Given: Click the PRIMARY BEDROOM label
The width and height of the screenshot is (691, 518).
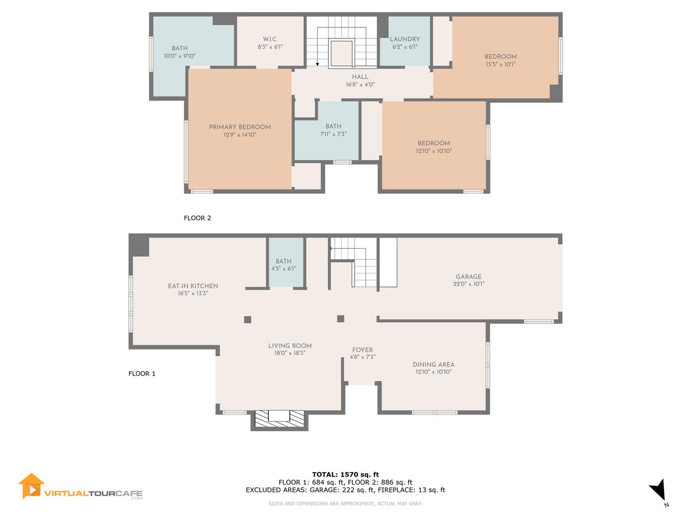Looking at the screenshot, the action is click(240, 127).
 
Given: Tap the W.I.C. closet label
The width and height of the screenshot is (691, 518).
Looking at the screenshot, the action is click(270, 39).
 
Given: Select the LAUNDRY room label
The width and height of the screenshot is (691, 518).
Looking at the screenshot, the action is click(405, 39).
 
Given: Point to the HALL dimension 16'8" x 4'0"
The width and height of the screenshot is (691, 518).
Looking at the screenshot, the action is click(360, 84).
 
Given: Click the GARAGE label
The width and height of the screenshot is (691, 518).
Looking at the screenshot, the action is click(469, 277).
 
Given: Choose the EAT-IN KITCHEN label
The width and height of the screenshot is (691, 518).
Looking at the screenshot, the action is click(193, 286).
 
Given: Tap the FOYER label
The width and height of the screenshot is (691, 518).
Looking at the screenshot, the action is click(362, 350).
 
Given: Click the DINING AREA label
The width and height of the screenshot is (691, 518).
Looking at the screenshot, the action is click(433, 365).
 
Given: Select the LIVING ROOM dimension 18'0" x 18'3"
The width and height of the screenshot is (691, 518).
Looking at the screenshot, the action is click(290, 353).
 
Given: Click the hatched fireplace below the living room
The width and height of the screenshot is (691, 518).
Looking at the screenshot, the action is click(279, 420).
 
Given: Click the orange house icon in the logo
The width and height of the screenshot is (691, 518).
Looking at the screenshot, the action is click(31, 486).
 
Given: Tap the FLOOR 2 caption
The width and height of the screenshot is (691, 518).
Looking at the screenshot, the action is click(198, 218).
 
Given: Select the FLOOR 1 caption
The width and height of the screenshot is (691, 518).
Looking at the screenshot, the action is click(142, 373).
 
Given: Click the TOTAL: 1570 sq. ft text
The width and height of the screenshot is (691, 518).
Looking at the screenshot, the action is click(345, 475).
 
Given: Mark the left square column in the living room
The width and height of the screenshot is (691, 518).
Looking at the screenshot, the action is click(248, 319).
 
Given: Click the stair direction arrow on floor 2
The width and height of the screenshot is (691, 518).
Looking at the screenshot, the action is click(317, 64).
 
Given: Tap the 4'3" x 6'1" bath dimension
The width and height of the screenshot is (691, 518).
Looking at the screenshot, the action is click(283, 269).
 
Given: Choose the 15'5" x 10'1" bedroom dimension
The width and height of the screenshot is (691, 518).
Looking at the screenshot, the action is click(500, 64).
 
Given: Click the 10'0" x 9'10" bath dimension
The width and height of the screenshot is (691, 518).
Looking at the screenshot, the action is click(180, 56).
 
